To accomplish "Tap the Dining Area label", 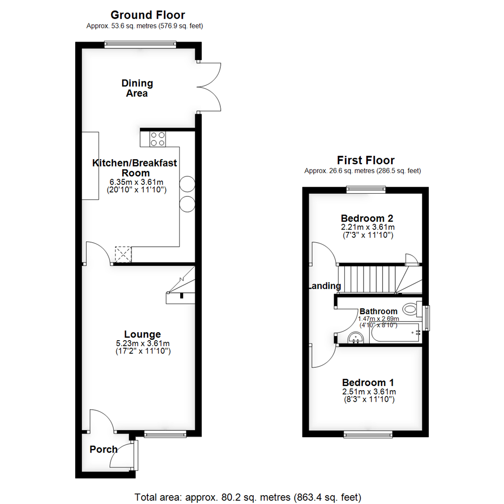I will (x=137, y=88).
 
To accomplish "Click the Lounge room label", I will (x=142, y=334).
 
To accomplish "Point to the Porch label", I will (x=104, y=449).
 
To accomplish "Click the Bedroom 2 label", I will (x=367, y=218).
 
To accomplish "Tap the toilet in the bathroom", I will (x=410, y=308).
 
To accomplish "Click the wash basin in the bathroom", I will (x=356, y=337).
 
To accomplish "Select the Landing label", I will (x=324, y=286).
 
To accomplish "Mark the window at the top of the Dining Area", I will (x=140, y=45).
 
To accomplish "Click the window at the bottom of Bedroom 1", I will (x=368, y=434).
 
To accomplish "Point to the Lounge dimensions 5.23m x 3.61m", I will (x=142, y=343).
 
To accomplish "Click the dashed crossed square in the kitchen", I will (x=124, y=254).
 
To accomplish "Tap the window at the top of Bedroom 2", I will (x=366, y=189).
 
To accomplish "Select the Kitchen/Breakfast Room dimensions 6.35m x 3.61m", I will (x=136, y=182).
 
